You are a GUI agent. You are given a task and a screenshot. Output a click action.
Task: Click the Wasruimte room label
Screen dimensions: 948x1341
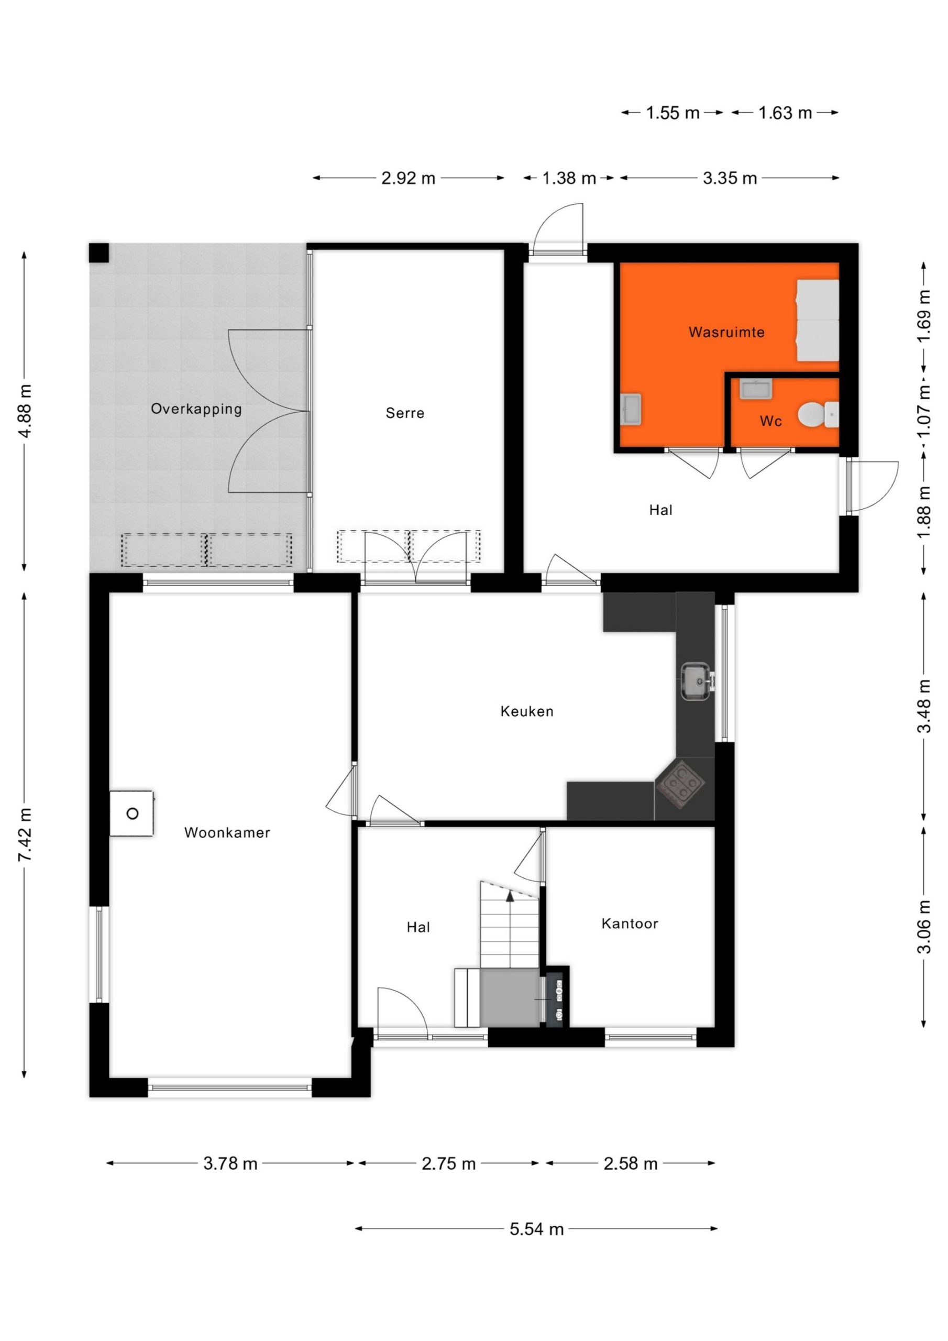point(726,332)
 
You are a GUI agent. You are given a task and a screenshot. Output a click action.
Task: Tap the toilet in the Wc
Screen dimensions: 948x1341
point(818,414)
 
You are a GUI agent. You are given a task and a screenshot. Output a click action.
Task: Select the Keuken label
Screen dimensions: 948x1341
point(526,711)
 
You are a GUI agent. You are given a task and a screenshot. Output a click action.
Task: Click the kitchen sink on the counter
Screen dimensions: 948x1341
point(696,681)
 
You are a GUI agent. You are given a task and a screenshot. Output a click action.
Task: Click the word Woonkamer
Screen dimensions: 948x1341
point(227,833)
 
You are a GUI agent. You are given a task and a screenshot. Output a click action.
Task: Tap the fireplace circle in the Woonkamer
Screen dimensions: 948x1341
point(133,814)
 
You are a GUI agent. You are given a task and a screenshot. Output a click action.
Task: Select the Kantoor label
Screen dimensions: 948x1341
point(630,924)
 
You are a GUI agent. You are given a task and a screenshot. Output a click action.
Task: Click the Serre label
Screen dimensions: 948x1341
point(405,413)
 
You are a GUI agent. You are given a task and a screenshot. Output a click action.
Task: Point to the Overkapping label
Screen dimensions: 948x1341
point(196,409)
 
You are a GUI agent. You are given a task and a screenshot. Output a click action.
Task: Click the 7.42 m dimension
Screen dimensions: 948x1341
point(25,834)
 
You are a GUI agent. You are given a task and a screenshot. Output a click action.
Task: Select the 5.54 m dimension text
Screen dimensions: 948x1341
point(536,1229)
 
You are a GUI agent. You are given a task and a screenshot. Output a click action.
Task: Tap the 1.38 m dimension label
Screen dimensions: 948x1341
point(569,178)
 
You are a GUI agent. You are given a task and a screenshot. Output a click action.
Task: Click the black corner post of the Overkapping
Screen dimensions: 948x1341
point(98,253)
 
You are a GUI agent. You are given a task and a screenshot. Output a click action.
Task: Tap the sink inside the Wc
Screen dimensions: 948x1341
point(756,388)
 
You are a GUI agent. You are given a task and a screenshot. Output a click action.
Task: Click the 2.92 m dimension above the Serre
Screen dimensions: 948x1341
point(409,178)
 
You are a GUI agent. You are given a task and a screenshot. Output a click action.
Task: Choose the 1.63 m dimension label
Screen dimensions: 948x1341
point(785,112)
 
